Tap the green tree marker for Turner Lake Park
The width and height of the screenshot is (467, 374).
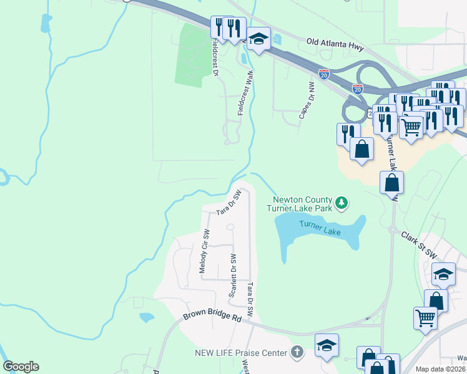point(342,203)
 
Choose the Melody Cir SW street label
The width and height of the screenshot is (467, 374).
point(204,251)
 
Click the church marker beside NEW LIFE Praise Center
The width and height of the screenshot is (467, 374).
point(297,353)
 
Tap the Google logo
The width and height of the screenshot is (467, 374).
point(21,367)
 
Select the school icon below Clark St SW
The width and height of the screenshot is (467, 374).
point(444,274)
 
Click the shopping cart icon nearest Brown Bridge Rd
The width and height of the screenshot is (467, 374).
point(426,317)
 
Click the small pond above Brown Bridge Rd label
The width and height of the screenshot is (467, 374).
point(147,317)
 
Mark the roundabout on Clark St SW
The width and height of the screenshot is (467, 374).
point(393,230)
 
